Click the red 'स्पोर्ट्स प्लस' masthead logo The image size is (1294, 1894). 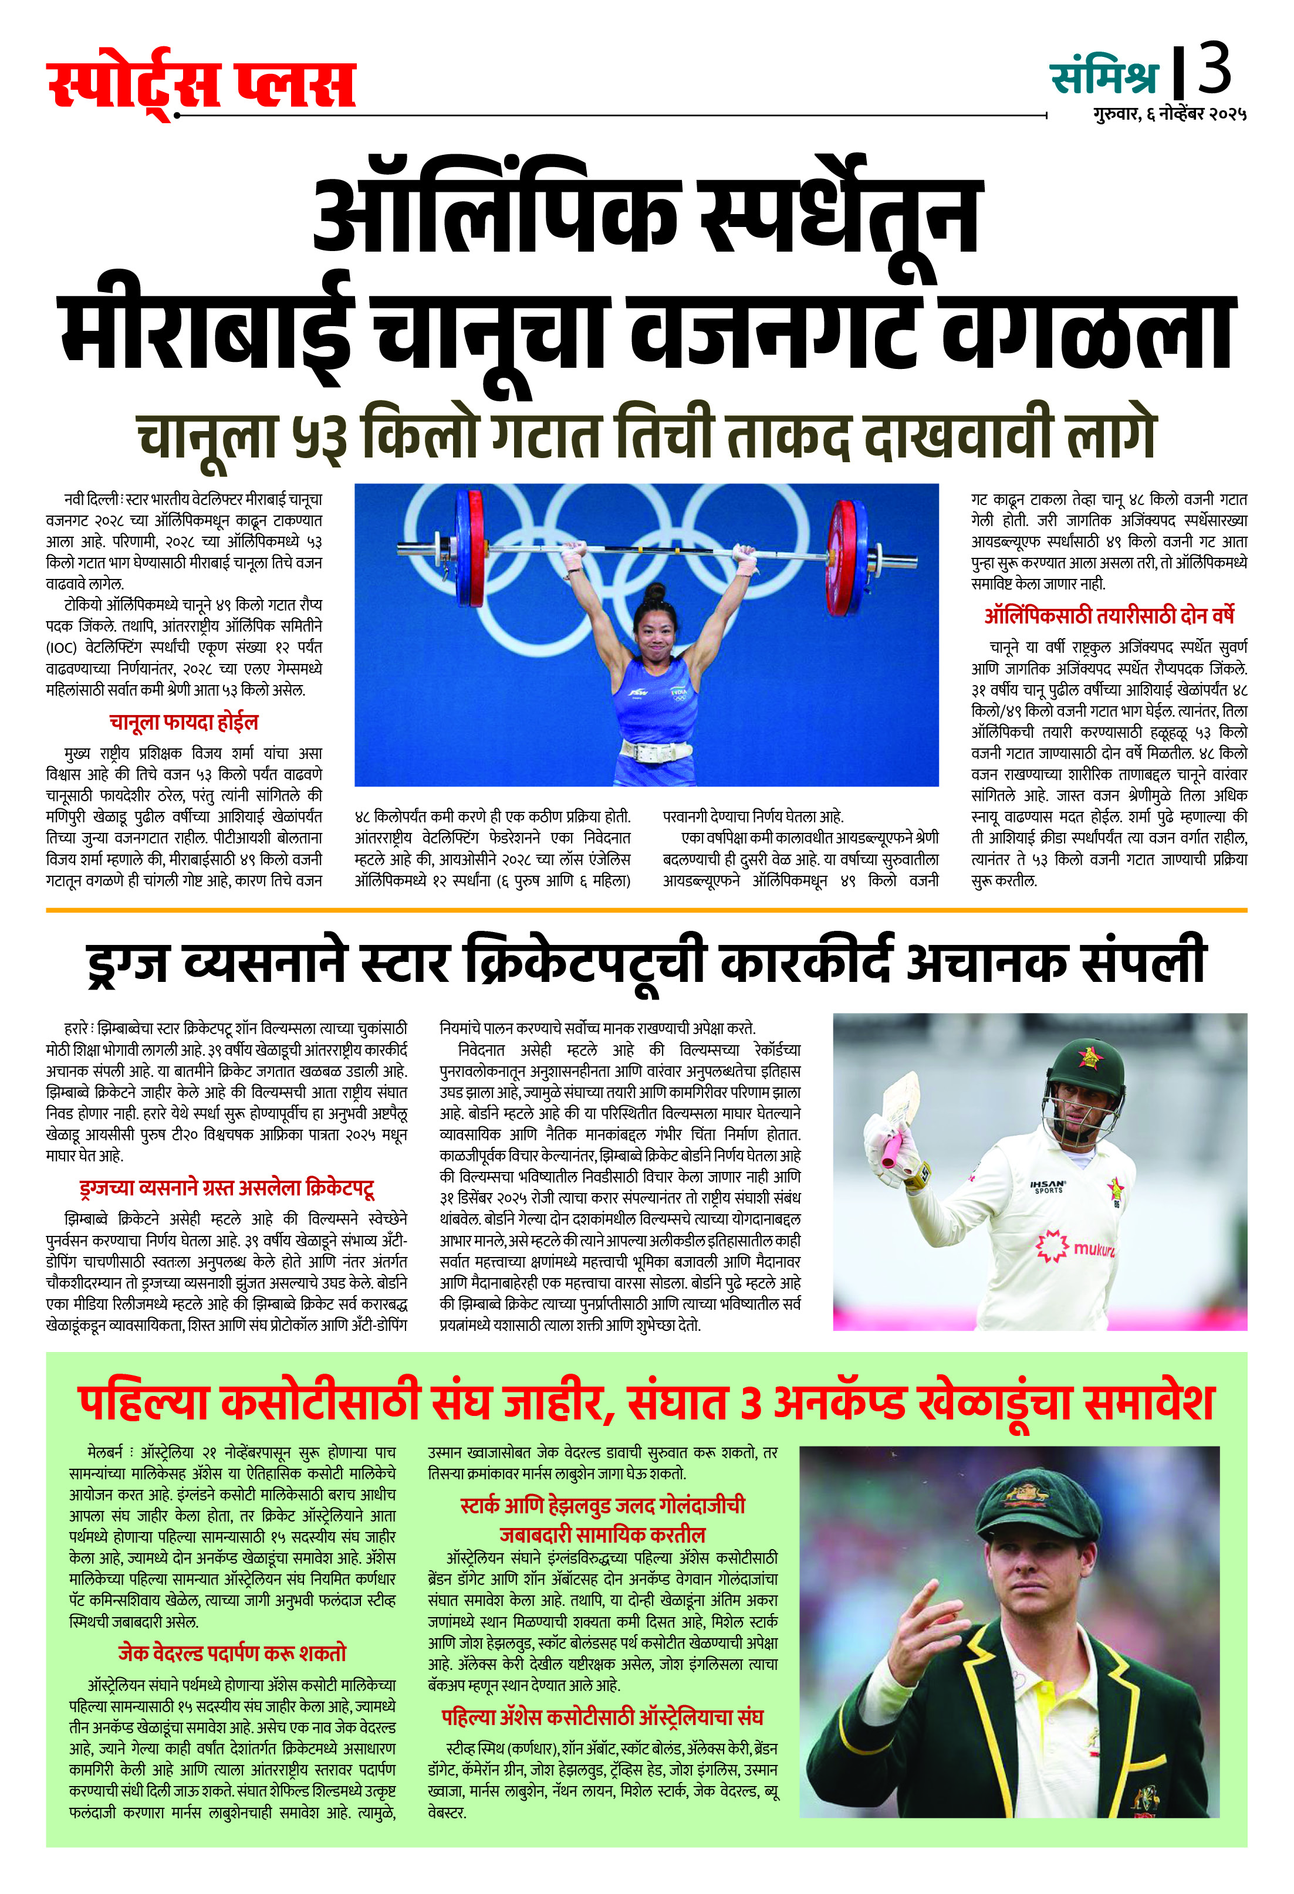tap(201, 83)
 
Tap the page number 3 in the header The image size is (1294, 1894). tap(1214, 69)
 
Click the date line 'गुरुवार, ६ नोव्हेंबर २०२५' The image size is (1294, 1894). tap(1170, 114)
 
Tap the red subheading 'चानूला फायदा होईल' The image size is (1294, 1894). tap(184, 722)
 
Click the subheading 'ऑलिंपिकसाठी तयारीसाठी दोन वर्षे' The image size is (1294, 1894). tap(1109, 615)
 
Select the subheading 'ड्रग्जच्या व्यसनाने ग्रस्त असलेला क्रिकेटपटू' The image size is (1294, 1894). tap(227, 1189)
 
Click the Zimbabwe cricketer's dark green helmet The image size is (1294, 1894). tap(1080, 1068)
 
